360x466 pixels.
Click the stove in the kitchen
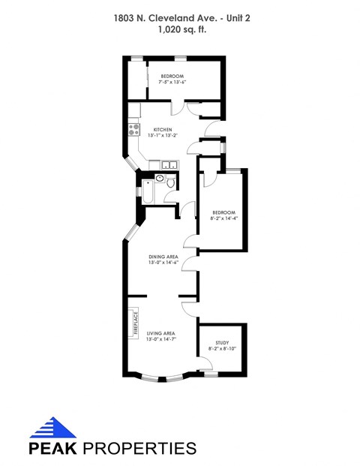click(134, 128)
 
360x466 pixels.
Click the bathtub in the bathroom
click(147, 192)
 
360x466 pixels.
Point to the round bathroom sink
click(160, 179)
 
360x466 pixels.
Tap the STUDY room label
click(221, 342)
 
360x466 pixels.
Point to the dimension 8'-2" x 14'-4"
click(223, 218)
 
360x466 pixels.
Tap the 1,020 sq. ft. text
click(180, 30)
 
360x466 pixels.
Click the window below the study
click(211, 373)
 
